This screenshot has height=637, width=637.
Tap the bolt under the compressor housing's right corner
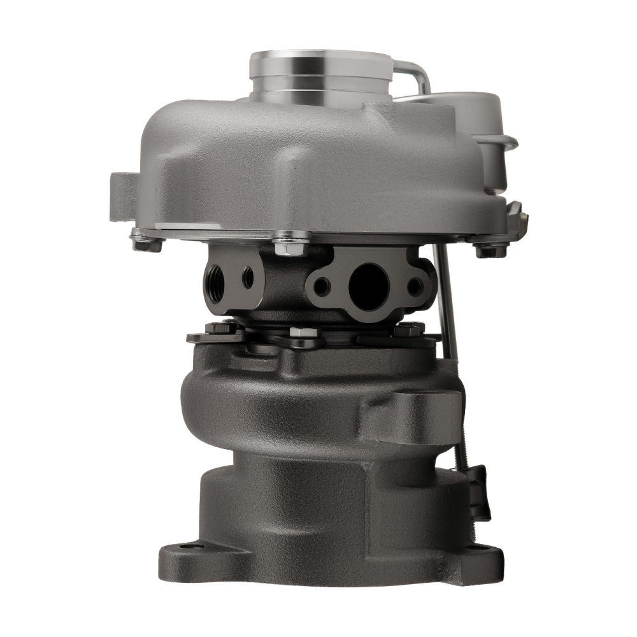tap(488, 250)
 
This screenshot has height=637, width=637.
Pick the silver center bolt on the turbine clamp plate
tap(299, 333)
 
